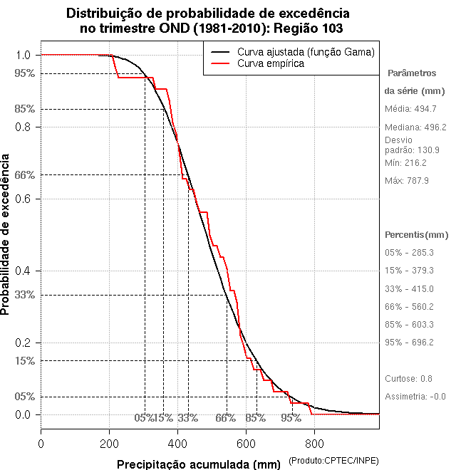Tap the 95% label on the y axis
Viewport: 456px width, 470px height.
pyautogui.click(x=24, y=73)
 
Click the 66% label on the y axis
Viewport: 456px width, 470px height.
pyautogui.click(x=24, y=174)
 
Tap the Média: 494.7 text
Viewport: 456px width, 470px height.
pyautogui.click(x=410, y=108)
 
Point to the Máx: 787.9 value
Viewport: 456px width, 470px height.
pyautogui.click(x=407, y=181)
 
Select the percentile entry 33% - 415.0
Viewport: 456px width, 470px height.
pyautogui.click(x=409, y=288)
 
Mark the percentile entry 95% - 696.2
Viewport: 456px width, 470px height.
pyautogui.click(x=409, y=342)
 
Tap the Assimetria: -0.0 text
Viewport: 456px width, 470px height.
pyautogui.click(x=415, y=396)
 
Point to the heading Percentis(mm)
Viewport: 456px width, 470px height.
pyautogui.click(x=417, y=234)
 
